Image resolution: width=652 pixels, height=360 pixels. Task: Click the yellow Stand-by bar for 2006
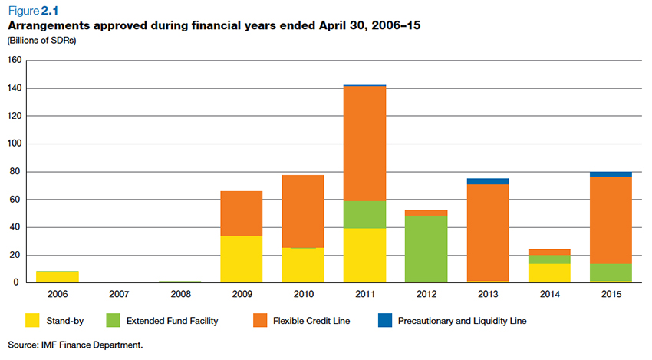[x=57, y=276]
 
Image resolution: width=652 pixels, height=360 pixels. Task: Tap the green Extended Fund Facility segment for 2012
[x=426, y=249]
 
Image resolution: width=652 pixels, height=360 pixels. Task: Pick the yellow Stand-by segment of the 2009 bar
[x=241, y=259]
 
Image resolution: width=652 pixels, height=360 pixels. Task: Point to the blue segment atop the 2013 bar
[x=487, y=181]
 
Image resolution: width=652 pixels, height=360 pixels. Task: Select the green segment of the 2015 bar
[x=611, y=272]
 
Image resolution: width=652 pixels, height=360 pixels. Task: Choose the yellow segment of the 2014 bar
[x=548, y=272]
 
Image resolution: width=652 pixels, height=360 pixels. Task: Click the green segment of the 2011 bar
[x=364, y=214]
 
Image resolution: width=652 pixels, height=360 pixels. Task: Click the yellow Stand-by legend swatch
[x=33, y=320]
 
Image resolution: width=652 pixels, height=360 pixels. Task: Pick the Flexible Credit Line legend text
[x=312, y=320]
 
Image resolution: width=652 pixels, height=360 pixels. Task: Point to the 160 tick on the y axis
[x=14, y=61]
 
